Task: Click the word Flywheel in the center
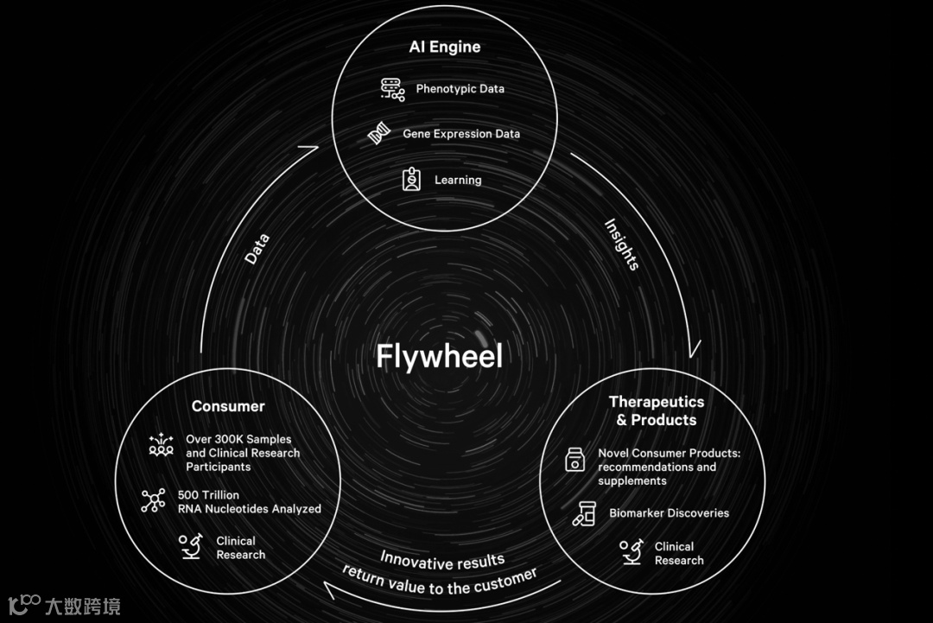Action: (439, 356)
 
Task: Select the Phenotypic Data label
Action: (460, 89)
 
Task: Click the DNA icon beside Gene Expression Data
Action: (377, 135)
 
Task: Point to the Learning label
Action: (458, 181)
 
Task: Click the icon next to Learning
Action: (411, 180)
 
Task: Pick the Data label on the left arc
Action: (257, 249)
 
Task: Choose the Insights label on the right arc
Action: (621, 245)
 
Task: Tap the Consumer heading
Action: (228, 406)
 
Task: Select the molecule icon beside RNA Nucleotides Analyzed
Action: (153, 501)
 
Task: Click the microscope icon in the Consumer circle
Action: (190, 547)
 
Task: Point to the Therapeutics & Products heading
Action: (657, 410)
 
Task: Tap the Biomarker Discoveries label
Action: (669, 513)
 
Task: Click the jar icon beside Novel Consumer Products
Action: (574, 460)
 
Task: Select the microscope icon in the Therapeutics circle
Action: (631, 552)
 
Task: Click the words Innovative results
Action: (442, 561)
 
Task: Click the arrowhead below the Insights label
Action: (693, 350)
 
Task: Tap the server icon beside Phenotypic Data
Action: (393, 90)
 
